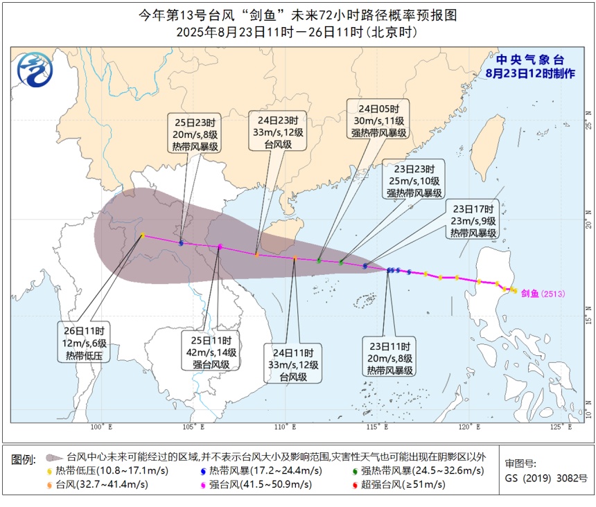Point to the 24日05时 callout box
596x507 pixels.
[x=378, y=121]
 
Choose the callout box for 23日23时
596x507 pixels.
[x=414, y=181]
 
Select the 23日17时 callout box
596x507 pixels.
[x=473, y=221]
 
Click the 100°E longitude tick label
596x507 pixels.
[x=97, y=427]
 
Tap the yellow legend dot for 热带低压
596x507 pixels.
[x=50, y=471]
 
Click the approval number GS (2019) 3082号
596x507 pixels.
[x=547, y=478]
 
